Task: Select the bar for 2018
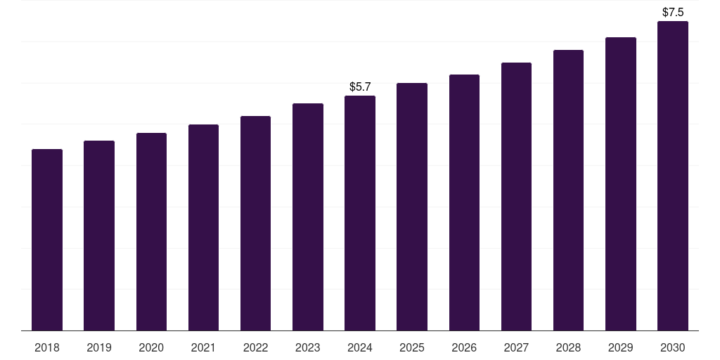(x=47, y=240)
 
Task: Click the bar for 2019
(x=99, y=236)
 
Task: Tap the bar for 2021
(x=203, y=227)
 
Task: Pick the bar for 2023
(x=308, y=217)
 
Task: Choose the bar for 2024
(x=360, y=213)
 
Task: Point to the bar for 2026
(x=464, y=202)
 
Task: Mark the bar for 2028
(x=568, y=190)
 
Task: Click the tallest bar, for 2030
(x=673, y=176)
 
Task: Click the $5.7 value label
(x=360, y=87)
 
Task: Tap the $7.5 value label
(x=673, y=13)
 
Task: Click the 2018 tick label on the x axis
(x=47, y=347)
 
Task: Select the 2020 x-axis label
(x=151, y=347)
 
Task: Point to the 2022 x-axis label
(x=256, y=347)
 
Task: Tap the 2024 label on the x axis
(x=360, y=347)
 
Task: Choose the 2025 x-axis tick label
(x=412, y=347)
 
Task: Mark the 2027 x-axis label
(x=516, y=347)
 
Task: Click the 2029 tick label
(x=621, y=347)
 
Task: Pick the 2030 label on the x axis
(x=673, y=347)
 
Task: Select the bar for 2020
(x=151, y=231)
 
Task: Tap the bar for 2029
(x=621, y=184)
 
